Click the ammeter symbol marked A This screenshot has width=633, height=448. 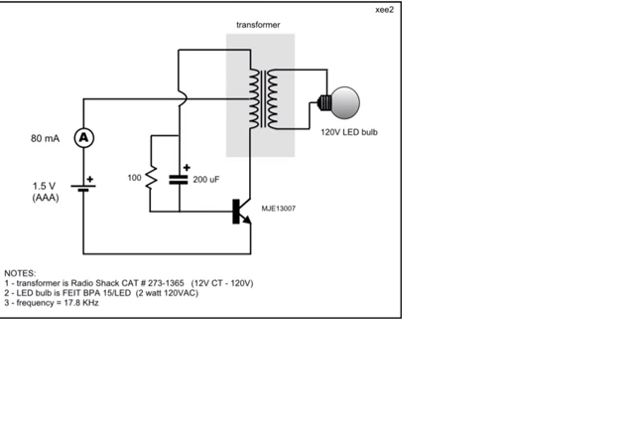click(x=84, y=138)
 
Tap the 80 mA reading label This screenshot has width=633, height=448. click(x=46, y=139)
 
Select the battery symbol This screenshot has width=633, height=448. click(x=83, y=188)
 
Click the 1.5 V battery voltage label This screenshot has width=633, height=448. click(x=44, y=186)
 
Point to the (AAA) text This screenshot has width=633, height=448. click(x=46, y=198)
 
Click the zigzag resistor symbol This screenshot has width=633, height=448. click(x=151, y=178)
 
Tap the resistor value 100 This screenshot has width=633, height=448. click(x=134, y=178)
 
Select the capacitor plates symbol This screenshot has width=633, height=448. click(x=179, y=180)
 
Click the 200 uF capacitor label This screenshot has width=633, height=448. click(x=206, y=180)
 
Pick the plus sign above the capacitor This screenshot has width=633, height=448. click(x=187, y=168)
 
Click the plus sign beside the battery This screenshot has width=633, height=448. click(x=90, y=179)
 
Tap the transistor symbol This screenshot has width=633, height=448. click(x=241, y=212)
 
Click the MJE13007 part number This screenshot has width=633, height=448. click(x=279, y=209)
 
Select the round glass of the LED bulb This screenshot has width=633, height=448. click(x=345, y=102)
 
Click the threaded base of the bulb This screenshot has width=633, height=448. click(x=324, y=102)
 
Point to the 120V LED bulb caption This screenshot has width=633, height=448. click(x=349, y=132)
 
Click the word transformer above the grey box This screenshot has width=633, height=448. click(x=258, y=25)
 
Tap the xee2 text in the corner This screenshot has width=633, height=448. click(x=384, y=10)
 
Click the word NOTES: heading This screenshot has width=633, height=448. click(x=20, y=273)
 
